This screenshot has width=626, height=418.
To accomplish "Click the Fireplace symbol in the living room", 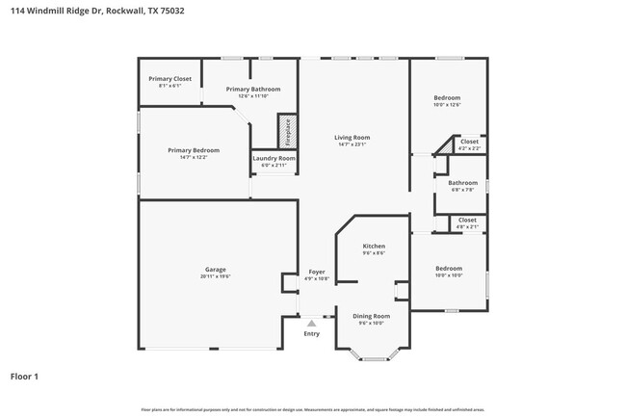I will coord(286,130).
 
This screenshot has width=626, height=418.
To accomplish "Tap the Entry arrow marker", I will coord(311,324).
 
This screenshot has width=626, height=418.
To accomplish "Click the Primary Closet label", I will coord(170,78).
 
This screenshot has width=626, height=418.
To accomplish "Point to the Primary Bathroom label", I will coord(253,89).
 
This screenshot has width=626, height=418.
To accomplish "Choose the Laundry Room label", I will coord(274,158).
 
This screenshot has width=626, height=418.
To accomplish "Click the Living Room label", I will coord(352,138).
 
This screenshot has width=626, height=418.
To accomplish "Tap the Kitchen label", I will coord(374,247).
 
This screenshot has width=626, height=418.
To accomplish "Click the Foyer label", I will coord(316,272).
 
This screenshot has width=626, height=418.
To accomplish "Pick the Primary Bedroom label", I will coord(194,149).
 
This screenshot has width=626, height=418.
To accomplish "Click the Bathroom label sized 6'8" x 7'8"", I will coord(462,182).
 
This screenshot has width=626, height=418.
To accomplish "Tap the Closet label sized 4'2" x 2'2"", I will coord(469,142).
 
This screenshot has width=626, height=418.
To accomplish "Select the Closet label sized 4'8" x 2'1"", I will coord(467,220).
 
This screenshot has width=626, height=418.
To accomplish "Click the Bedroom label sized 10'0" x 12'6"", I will coord(447,97).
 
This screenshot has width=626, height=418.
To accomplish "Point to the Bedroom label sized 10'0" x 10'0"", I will coord(448,268).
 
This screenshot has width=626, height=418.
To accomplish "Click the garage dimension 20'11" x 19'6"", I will coord(215,276).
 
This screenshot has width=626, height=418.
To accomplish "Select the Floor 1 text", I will coord(25,376).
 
